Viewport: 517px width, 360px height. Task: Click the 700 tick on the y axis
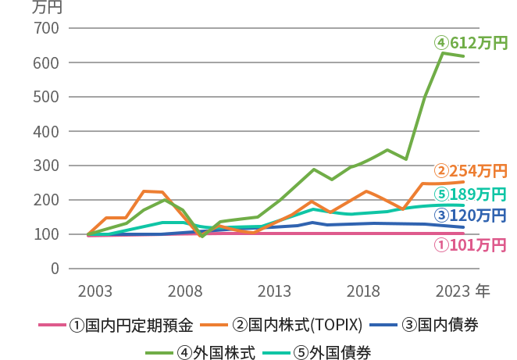(48, 28)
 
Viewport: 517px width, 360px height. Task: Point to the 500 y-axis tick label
(48, 97)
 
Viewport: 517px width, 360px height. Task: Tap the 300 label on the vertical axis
(48, 166)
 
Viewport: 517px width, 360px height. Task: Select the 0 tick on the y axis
(54, 269)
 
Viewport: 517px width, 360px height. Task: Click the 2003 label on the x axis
(94, 291)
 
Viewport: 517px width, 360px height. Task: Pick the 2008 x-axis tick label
(184, 291)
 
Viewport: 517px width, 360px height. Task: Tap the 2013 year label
(274, 291)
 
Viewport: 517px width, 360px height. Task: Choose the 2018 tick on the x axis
(363, 291)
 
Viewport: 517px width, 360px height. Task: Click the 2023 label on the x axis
(453, 291)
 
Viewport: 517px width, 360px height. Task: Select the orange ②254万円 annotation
(470, 171)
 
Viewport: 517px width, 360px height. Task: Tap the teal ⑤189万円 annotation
(470, 194)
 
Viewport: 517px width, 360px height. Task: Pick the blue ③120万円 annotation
(470, 215)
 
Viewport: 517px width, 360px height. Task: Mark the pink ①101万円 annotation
(470, 245)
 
